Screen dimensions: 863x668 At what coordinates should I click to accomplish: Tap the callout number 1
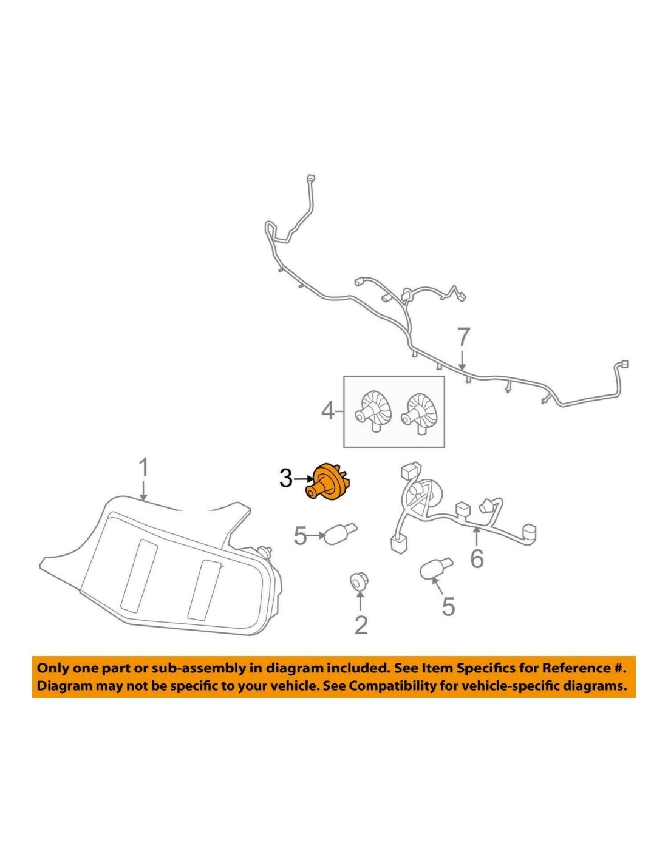point(143,469)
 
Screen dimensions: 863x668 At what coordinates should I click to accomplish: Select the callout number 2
point(361,624)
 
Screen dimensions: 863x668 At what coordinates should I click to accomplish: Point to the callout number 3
point(285,478)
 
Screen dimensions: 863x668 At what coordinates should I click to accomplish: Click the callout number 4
point(327,412)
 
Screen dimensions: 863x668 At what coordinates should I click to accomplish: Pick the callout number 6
point(477,558)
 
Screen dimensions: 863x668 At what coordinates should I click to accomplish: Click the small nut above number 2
point(358,581)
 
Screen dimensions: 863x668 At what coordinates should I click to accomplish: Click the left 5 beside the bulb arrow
point(300,536)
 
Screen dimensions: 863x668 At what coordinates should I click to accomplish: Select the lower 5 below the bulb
point(448,606)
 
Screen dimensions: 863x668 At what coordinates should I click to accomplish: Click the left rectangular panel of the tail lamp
point(140,573)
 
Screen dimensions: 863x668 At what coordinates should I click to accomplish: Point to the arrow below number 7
point(463,360)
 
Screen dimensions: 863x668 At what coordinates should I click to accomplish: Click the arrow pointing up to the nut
point(360,602)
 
